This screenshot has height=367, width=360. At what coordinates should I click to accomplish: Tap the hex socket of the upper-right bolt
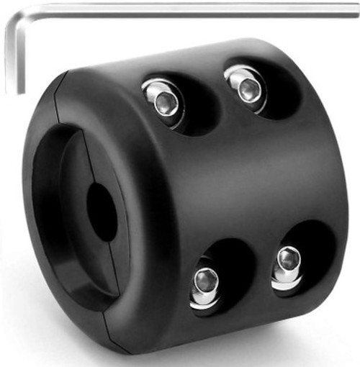coord(249,89)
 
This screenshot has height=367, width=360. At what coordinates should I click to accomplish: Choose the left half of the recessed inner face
coord(72,216)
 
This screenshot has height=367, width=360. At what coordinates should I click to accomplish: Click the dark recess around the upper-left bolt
coord(184,108)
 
